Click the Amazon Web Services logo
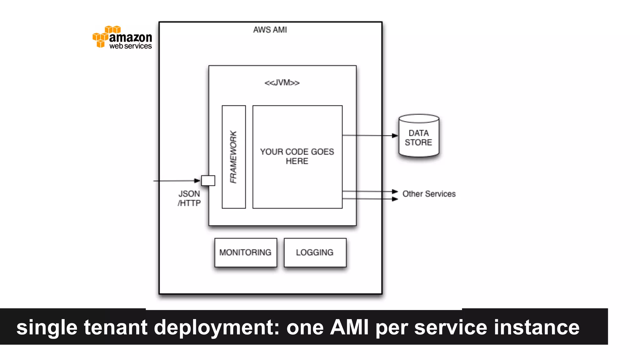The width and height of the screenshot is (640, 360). click(x=122, y=37)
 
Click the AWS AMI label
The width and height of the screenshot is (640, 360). click(x=270, y=30)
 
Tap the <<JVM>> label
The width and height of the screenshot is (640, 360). click(x=282, y=83)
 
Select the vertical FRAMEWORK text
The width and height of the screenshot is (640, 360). click(x=233, y=157)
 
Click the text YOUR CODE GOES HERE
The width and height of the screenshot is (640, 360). click(x=297, y=156)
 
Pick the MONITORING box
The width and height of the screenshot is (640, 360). click(x=246, y=252)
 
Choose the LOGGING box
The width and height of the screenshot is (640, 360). click(x=315, y=252)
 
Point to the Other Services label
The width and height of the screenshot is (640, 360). click(x=429, y=194)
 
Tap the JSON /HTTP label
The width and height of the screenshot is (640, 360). click(x=189, y=198)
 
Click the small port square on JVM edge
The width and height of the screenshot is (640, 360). click(x=208, y=181)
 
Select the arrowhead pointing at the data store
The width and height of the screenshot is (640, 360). click(x=395, y=136)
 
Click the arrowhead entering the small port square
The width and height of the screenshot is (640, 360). click(x=197, y=181)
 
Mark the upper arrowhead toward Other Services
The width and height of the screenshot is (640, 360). click(x=395, y=192)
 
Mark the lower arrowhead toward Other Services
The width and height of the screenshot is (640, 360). click(x=395, y=199)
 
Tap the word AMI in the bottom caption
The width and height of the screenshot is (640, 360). click(x=349, y=327)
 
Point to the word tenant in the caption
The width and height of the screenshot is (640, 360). click(x=116, y=327)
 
